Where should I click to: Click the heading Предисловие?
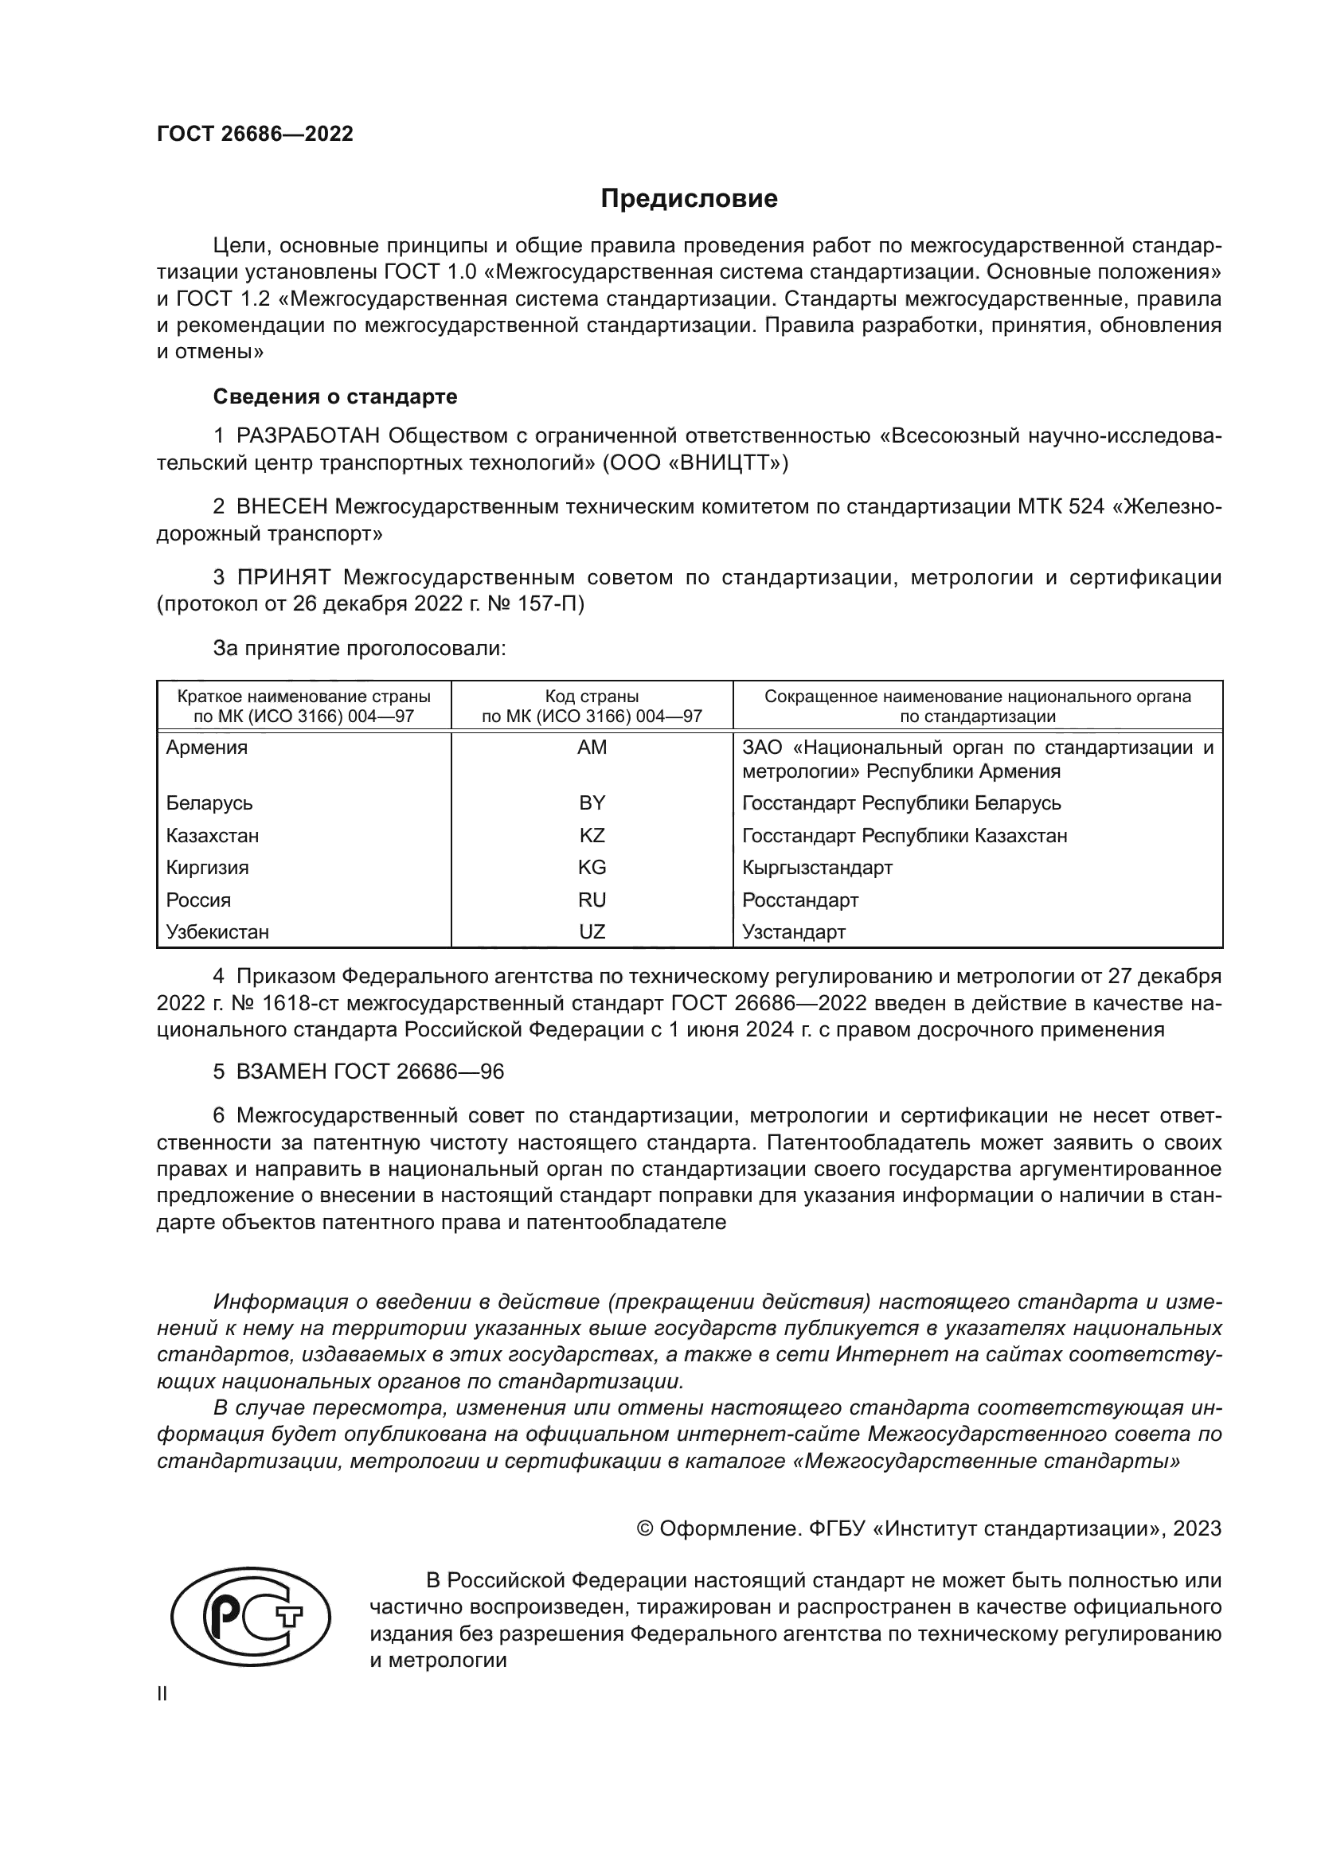click(689, 199)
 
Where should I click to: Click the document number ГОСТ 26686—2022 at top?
click(255, 135)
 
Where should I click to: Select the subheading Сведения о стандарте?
click(335, 396)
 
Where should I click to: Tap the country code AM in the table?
click(591, 747)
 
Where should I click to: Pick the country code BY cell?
click(591, 803)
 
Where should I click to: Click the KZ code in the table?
click(591, 835)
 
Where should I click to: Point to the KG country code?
click(591, 867)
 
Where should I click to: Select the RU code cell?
click(591, 900)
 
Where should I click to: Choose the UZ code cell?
click(591, 932)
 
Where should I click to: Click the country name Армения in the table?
click(207, 747)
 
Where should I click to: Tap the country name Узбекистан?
click(217, 932)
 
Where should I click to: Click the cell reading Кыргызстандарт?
click(817, 867)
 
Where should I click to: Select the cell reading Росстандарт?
click(799, 900)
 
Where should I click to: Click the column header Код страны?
click(591, 697)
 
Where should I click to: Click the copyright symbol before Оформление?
click(645, 1528)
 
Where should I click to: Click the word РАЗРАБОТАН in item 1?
click(308, 436)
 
